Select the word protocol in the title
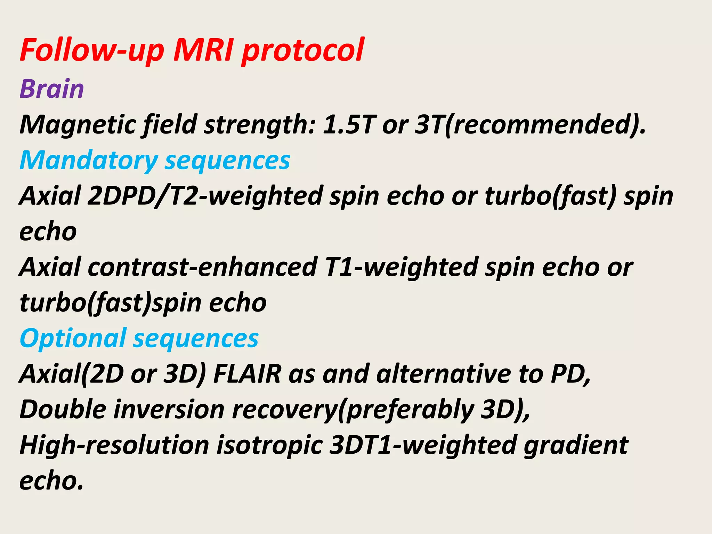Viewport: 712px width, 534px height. (x=302, y=50)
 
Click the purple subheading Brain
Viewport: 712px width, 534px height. (x=52, y=89)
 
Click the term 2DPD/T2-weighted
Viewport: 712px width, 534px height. (x=205, y=196)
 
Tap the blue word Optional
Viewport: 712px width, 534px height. (x=73, y=338)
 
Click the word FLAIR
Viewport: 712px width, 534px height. (x=247, y=374)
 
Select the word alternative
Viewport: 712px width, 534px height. (x=443, y=374)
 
